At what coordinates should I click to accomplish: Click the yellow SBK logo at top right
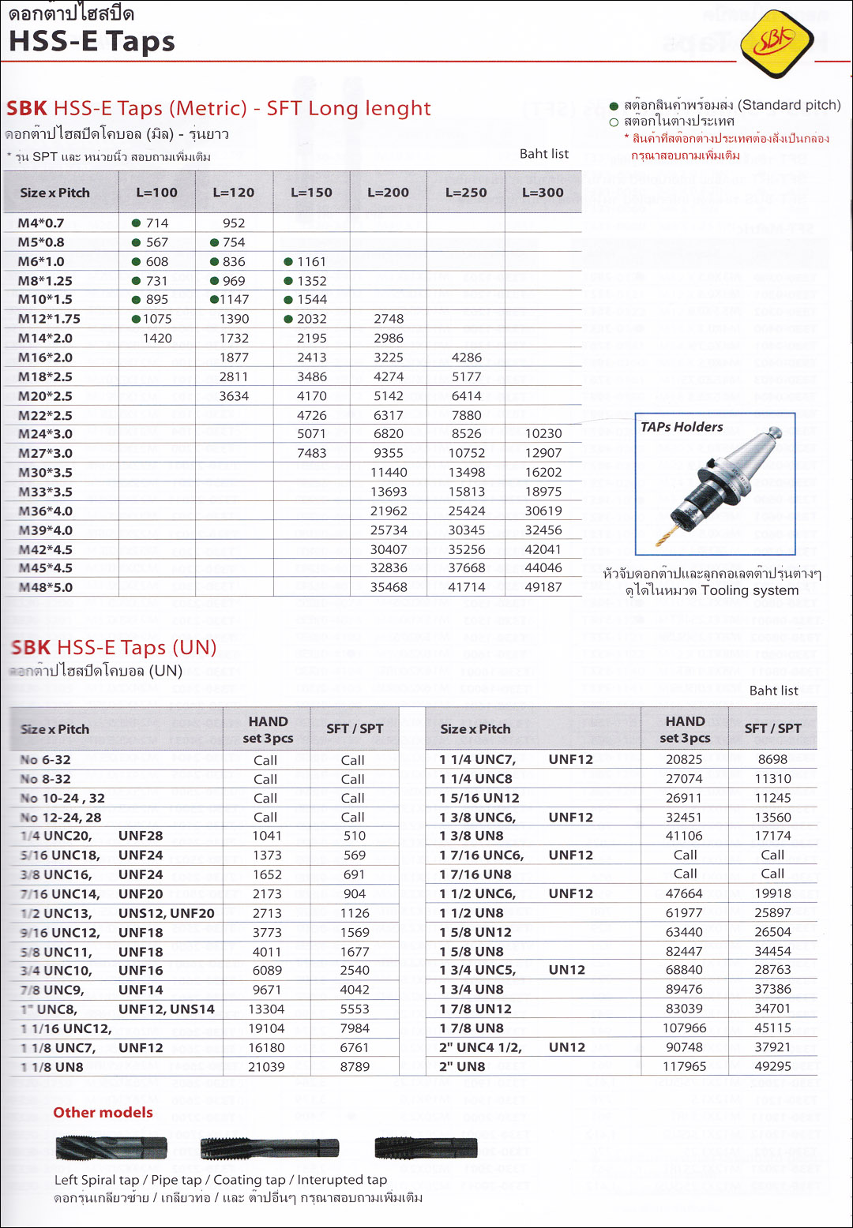tap(777, 40)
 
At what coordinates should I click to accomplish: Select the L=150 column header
tap(311, 193)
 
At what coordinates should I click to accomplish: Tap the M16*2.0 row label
tap(45, 358)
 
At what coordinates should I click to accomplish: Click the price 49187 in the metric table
tap(543, 587)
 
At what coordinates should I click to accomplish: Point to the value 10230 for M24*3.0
tap(543, 434)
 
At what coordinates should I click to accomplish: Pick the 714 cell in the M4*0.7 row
tap(157, 223)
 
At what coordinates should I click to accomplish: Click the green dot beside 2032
tap(288, 319)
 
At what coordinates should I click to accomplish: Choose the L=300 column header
tap(543, 193)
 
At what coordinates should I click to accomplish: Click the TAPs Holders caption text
tap(682, 427)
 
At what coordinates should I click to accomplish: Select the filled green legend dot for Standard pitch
tap(614, 106)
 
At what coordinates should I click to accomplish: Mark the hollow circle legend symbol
tap(614, 122)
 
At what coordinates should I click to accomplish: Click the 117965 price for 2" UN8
tap(685, 1067)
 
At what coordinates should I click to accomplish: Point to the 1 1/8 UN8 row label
tap(52, 1067)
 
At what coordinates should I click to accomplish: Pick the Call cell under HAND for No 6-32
tap(265, 760)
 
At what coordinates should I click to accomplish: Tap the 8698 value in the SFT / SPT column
tap(772, 759)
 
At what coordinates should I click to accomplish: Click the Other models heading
tap(103, 1113)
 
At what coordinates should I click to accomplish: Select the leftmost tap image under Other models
tap(111, 1148)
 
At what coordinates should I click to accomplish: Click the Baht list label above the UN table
tap(773, 691)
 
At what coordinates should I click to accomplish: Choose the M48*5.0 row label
tap(45, 588)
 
